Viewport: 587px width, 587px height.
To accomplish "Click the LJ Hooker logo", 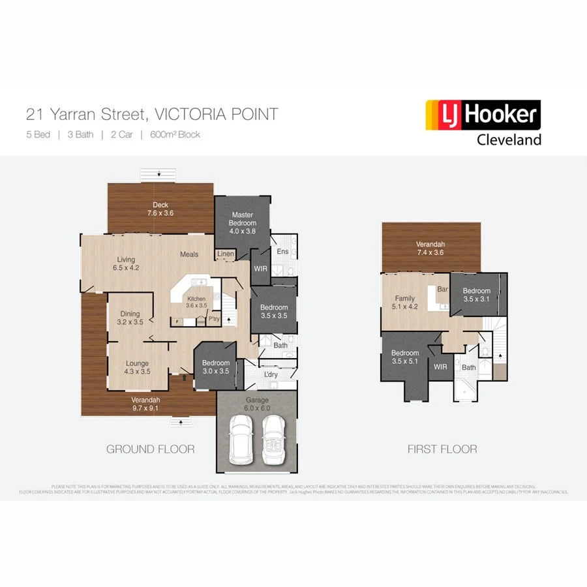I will pos(483,116).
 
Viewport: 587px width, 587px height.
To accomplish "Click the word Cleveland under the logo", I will pos(509,140).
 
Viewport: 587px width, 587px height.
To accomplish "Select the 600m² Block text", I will pos(175,135).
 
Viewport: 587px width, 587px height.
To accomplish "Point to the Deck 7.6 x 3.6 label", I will pos(160,209).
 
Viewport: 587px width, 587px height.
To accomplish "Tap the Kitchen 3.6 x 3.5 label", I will pos(196,301).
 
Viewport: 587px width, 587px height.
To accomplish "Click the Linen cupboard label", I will pos(226,254).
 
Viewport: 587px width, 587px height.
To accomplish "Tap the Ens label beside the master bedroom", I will pos(282,251).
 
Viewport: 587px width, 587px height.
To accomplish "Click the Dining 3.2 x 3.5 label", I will pos(129,317).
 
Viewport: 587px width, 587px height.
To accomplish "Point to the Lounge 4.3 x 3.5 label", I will pos(136,367).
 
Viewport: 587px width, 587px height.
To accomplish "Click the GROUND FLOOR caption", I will pos(150,449).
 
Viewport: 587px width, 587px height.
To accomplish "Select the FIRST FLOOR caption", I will pos(442,449).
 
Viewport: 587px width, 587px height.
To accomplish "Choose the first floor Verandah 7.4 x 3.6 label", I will pos(430,249).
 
